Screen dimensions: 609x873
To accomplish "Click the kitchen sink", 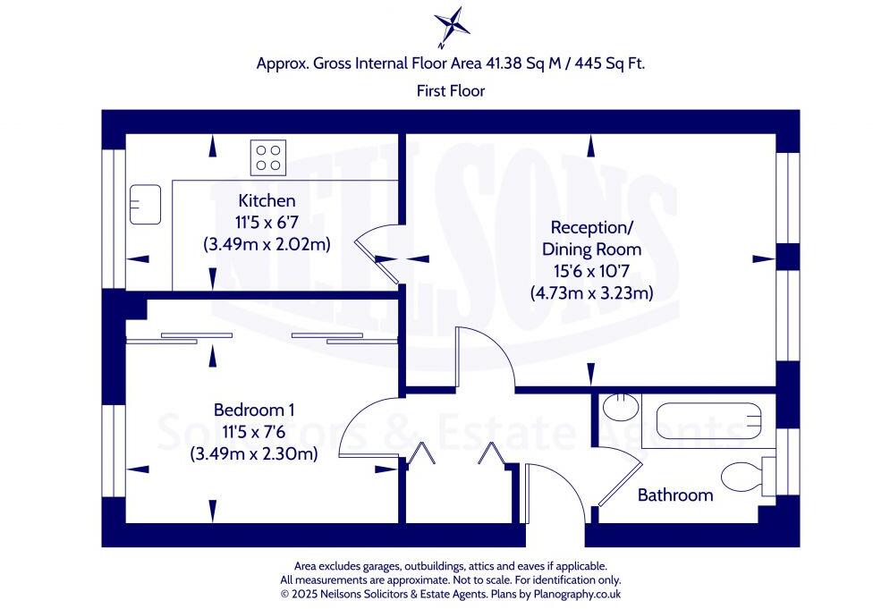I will (144, 204).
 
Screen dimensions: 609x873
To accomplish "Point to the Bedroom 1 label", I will (254, 410).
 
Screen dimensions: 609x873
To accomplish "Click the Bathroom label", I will (675, 495).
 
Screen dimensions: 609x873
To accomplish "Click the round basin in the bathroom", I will (616, 408).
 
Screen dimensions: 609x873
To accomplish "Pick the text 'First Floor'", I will (451, 90).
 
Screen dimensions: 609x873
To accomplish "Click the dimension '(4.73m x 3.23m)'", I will (591, 292).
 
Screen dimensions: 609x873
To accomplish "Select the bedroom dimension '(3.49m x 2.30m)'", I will (254, 453).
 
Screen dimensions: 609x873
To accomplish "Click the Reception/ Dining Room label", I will (591, 238).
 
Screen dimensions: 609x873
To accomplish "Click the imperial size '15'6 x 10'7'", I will (591, 271).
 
